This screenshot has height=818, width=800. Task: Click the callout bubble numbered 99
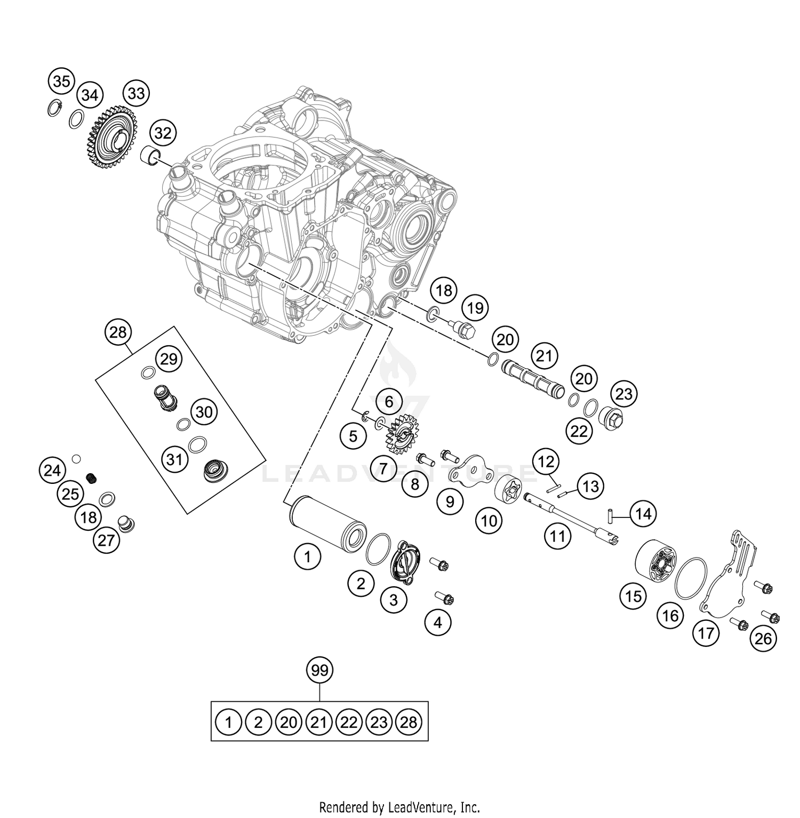click(319, 670)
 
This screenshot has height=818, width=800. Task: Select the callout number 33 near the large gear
click(136, 94)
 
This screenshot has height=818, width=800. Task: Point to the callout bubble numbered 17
click(705, 634)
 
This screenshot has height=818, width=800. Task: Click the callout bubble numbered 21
click(543, 355)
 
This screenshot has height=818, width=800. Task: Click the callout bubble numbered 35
click(61, 82)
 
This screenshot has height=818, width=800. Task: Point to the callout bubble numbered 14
click(643, 514)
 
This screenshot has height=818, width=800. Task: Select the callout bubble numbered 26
click(763, 638)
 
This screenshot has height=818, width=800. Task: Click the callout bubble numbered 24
click(52, 470)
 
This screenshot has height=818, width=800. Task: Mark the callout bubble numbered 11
click(557, 536)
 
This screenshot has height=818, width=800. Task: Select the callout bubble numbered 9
click(450, 501)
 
